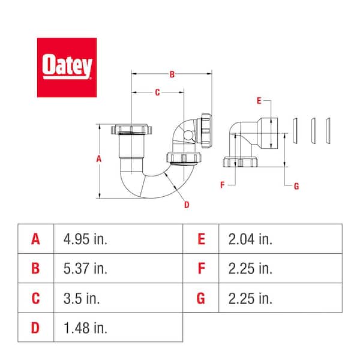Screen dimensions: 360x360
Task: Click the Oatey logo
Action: (67, 67)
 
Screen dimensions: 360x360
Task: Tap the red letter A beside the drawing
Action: (99, 158)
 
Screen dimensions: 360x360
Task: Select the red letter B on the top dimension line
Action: (172, 74)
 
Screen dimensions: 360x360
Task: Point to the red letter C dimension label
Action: (157, 92)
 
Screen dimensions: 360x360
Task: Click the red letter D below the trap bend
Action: (187, 205)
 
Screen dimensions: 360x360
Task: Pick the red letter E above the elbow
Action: (259, 101)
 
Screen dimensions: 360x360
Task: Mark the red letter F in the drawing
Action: (222, 185)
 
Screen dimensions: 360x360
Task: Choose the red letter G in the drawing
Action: (296, 186)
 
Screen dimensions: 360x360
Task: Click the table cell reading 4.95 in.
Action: (85, 239)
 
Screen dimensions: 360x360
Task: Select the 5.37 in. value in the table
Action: (85, 268)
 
